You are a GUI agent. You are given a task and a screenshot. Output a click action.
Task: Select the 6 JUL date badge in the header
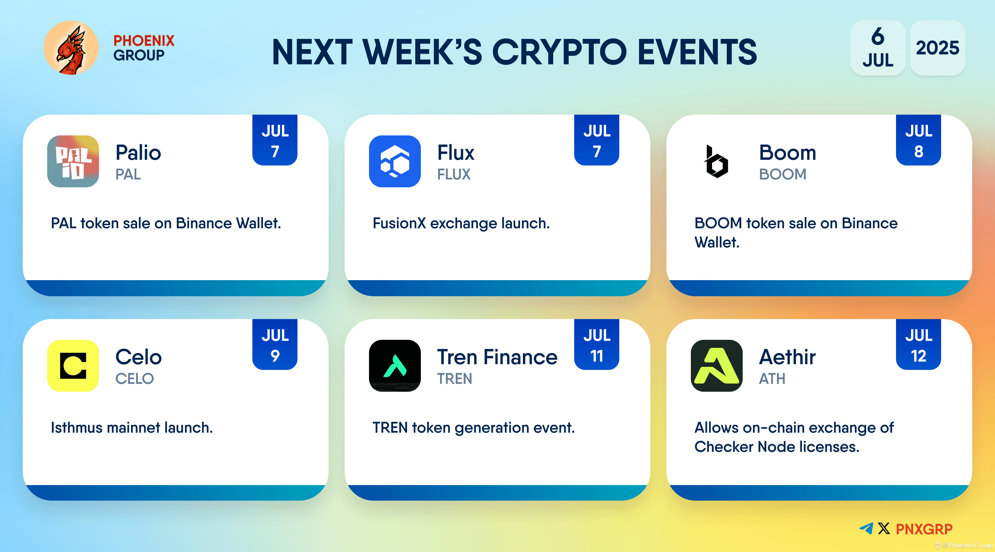coord(878,48)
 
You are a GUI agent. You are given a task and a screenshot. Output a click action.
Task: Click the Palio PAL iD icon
coord(73,161)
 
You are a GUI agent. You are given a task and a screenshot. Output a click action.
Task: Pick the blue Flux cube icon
coord(395,161)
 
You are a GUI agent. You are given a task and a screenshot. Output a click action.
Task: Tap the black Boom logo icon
coord(716,161)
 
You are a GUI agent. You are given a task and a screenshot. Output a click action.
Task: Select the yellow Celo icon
coord(73,366)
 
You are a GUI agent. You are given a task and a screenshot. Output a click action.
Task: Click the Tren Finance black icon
coord(395,366)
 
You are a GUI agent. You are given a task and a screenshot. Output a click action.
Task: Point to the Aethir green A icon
coord(716,366)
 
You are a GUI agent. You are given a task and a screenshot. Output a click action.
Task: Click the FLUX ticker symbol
coord(454,174)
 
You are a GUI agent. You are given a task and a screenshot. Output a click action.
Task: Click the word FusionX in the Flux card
coord(399,223)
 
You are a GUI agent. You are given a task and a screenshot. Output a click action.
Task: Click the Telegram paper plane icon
coord(866,528)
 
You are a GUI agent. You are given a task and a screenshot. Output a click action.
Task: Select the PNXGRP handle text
coord(924,529)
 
